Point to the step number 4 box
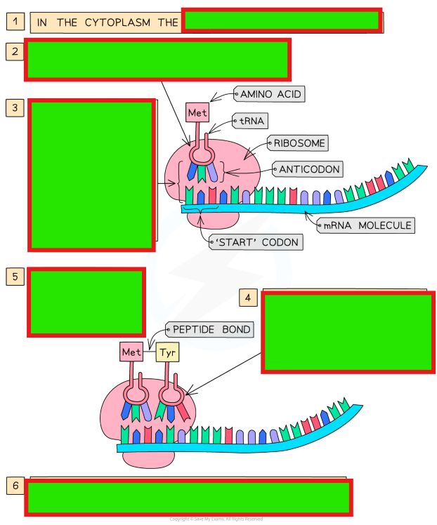(x=247, y=298)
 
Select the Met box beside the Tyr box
(x=131, y=352)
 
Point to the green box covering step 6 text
(x=189, y=498)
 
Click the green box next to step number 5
(x=86, y=302)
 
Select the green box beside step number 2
(x=158, y=60)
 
